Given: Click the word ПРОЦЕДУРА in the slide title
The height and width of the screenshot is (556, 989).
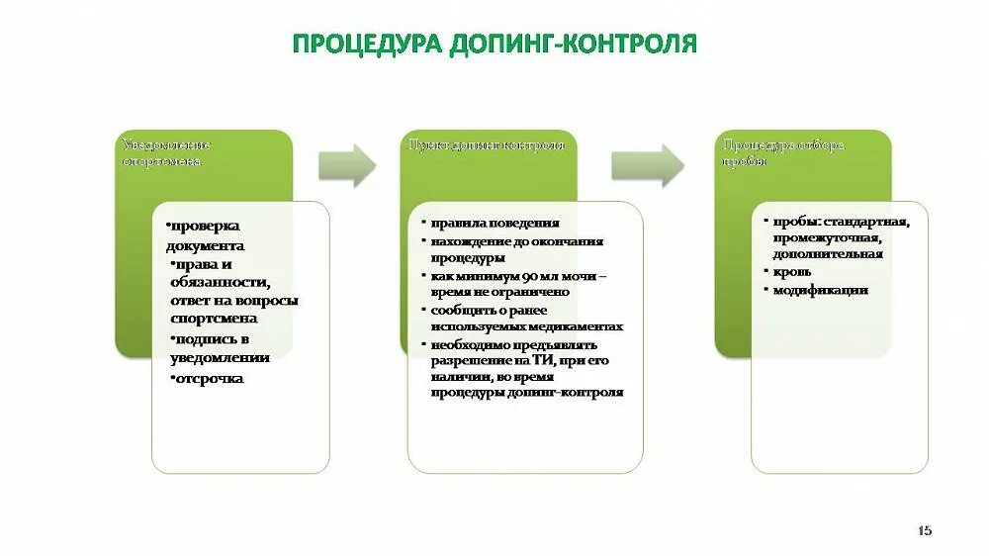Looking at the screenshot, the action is tap(366, 44).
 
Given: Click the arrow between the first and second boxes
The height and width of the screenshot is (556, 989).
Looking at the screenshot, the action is tap(347, 165).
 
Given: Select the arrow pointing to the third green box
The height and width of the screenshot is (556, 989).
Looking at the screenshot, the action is tap(647, 165).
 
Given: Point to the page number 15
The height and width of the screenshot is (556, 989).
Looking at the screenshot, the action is tap(925, 530).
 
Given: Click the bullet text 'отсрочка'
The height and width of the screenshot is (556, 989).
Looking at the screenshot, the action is tap(208, 378).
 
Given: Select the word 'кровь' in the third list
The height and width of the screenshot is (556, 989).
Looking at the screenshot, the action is tap(792, 271).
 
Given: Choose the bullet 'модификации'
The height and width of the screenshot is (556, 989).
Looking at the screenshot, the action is tap(820, 290).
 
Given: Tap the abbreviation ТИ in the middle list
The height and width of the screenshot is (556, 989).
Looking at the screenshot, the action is tap(525, 361).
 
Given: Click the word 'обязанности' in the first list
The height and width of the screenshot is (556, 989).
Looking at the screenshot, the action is tap(225, 282).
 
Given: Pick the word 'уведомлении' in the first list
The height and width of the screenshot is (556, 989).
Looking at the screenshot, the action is tap(217, 357).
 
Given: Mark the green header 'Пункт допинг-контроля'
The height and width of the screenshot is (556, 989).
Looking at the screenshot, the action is tap(489, 145).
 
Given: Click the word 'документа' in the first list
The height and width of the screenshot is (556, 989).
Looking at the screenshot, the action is tap(206, 244).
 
